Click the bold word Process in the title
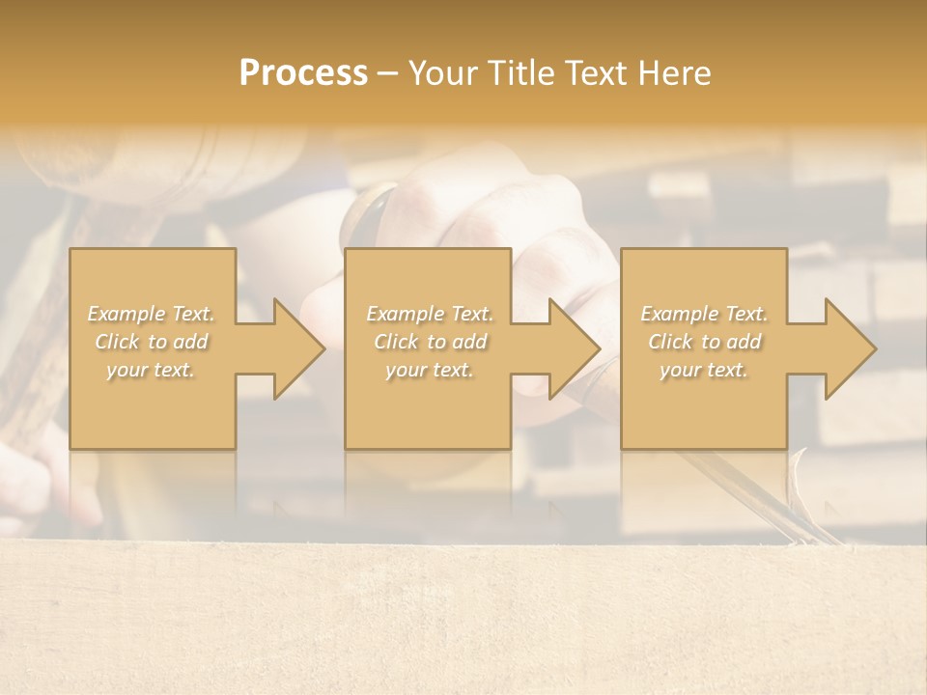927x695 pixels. point(303,73)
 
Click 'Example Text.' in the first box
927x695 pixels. point(151,314)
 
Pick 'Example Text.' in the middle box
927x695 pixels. point(429,314)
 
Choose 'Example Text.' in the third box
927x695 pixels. point(704,314)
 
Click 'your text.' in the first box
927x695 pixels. point(151,370)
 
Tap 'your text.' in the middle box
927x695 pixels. point(429,370)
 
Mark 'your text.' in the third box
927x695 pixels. point(704,370)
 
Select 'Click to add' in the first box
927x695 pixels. point(151,342)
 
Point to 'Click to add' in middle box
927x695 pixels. point(429,342)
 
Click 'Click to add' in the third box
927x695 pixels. point(704,342)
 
